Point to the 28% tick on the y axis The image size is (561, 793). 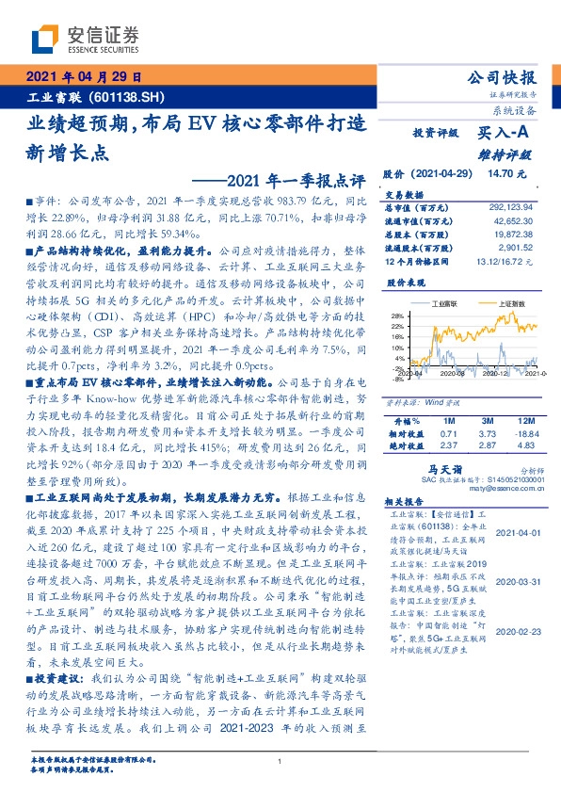(397, 316)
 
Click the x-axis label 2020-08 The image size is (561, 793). (457, 374)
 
